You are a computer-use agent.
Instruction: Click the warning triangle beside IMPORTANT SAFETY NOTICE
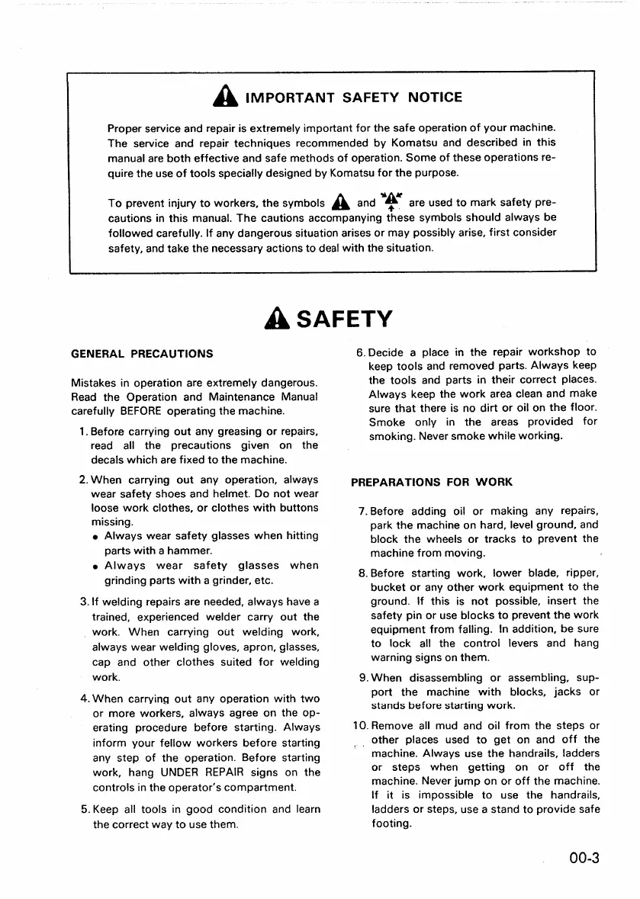[x=228, y=97]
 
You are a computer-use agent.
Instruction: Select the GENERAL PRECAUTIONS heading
[x=142, y=354]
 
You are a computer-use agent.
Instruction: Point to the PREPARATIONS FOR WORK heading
[x=432, y=482]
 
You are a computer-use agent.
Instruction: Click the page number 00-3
[x=583, y=859]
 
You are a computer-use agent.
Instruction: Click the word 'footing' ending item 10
[x=390, y=824]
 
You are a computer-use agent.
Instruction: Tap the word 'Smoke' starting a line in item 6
[x=387, y=422]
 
